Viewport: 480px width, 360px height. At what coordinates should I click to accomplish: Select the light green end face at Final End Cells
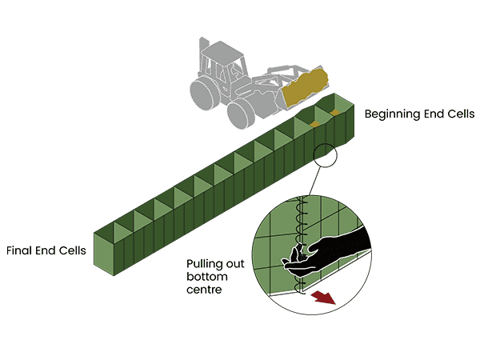109,254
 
